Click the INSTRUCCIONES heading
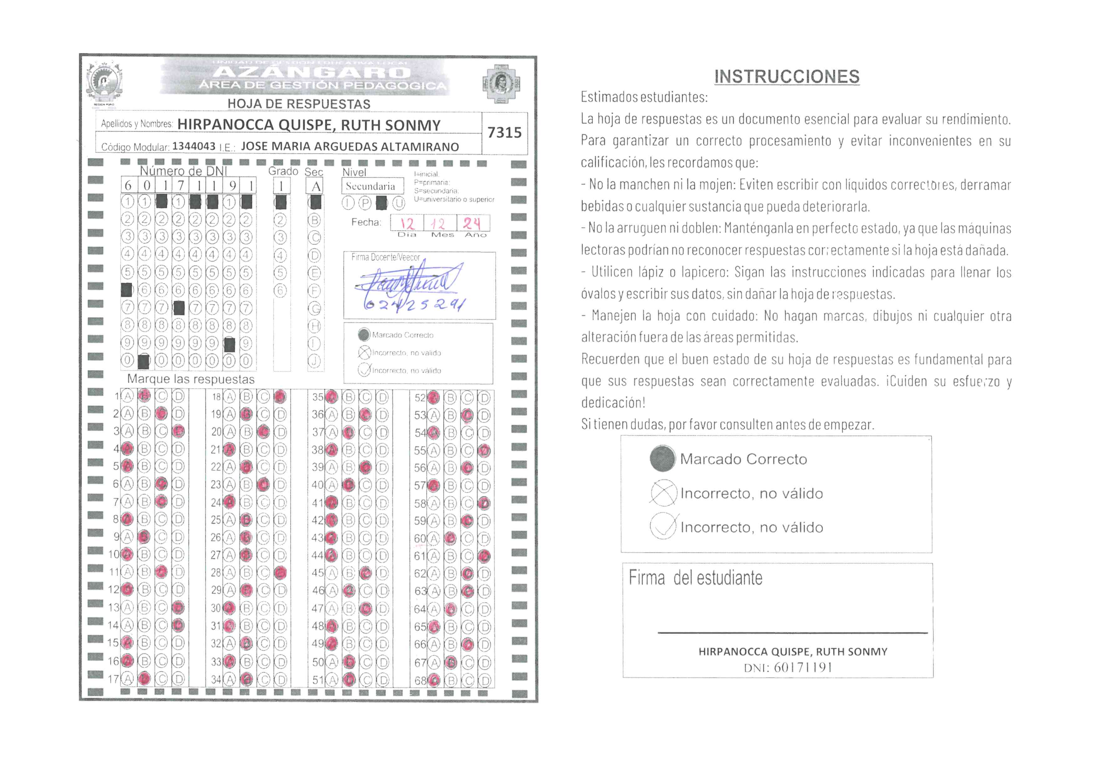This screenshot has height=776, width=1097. [x=786, y=76]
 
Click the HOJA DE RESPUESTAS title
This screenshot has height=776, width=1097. [x=299, y=104]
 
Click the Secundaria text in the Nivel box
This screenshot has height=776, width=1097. [x=371, y=186]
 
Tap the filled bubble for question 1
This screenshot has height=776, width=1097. [x=144, y=396]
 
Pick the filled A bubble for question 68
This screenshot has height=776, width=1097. [x=434, y=680]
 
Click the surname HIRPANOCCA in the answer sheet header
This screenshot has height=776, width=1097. [x=225, y=125]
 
